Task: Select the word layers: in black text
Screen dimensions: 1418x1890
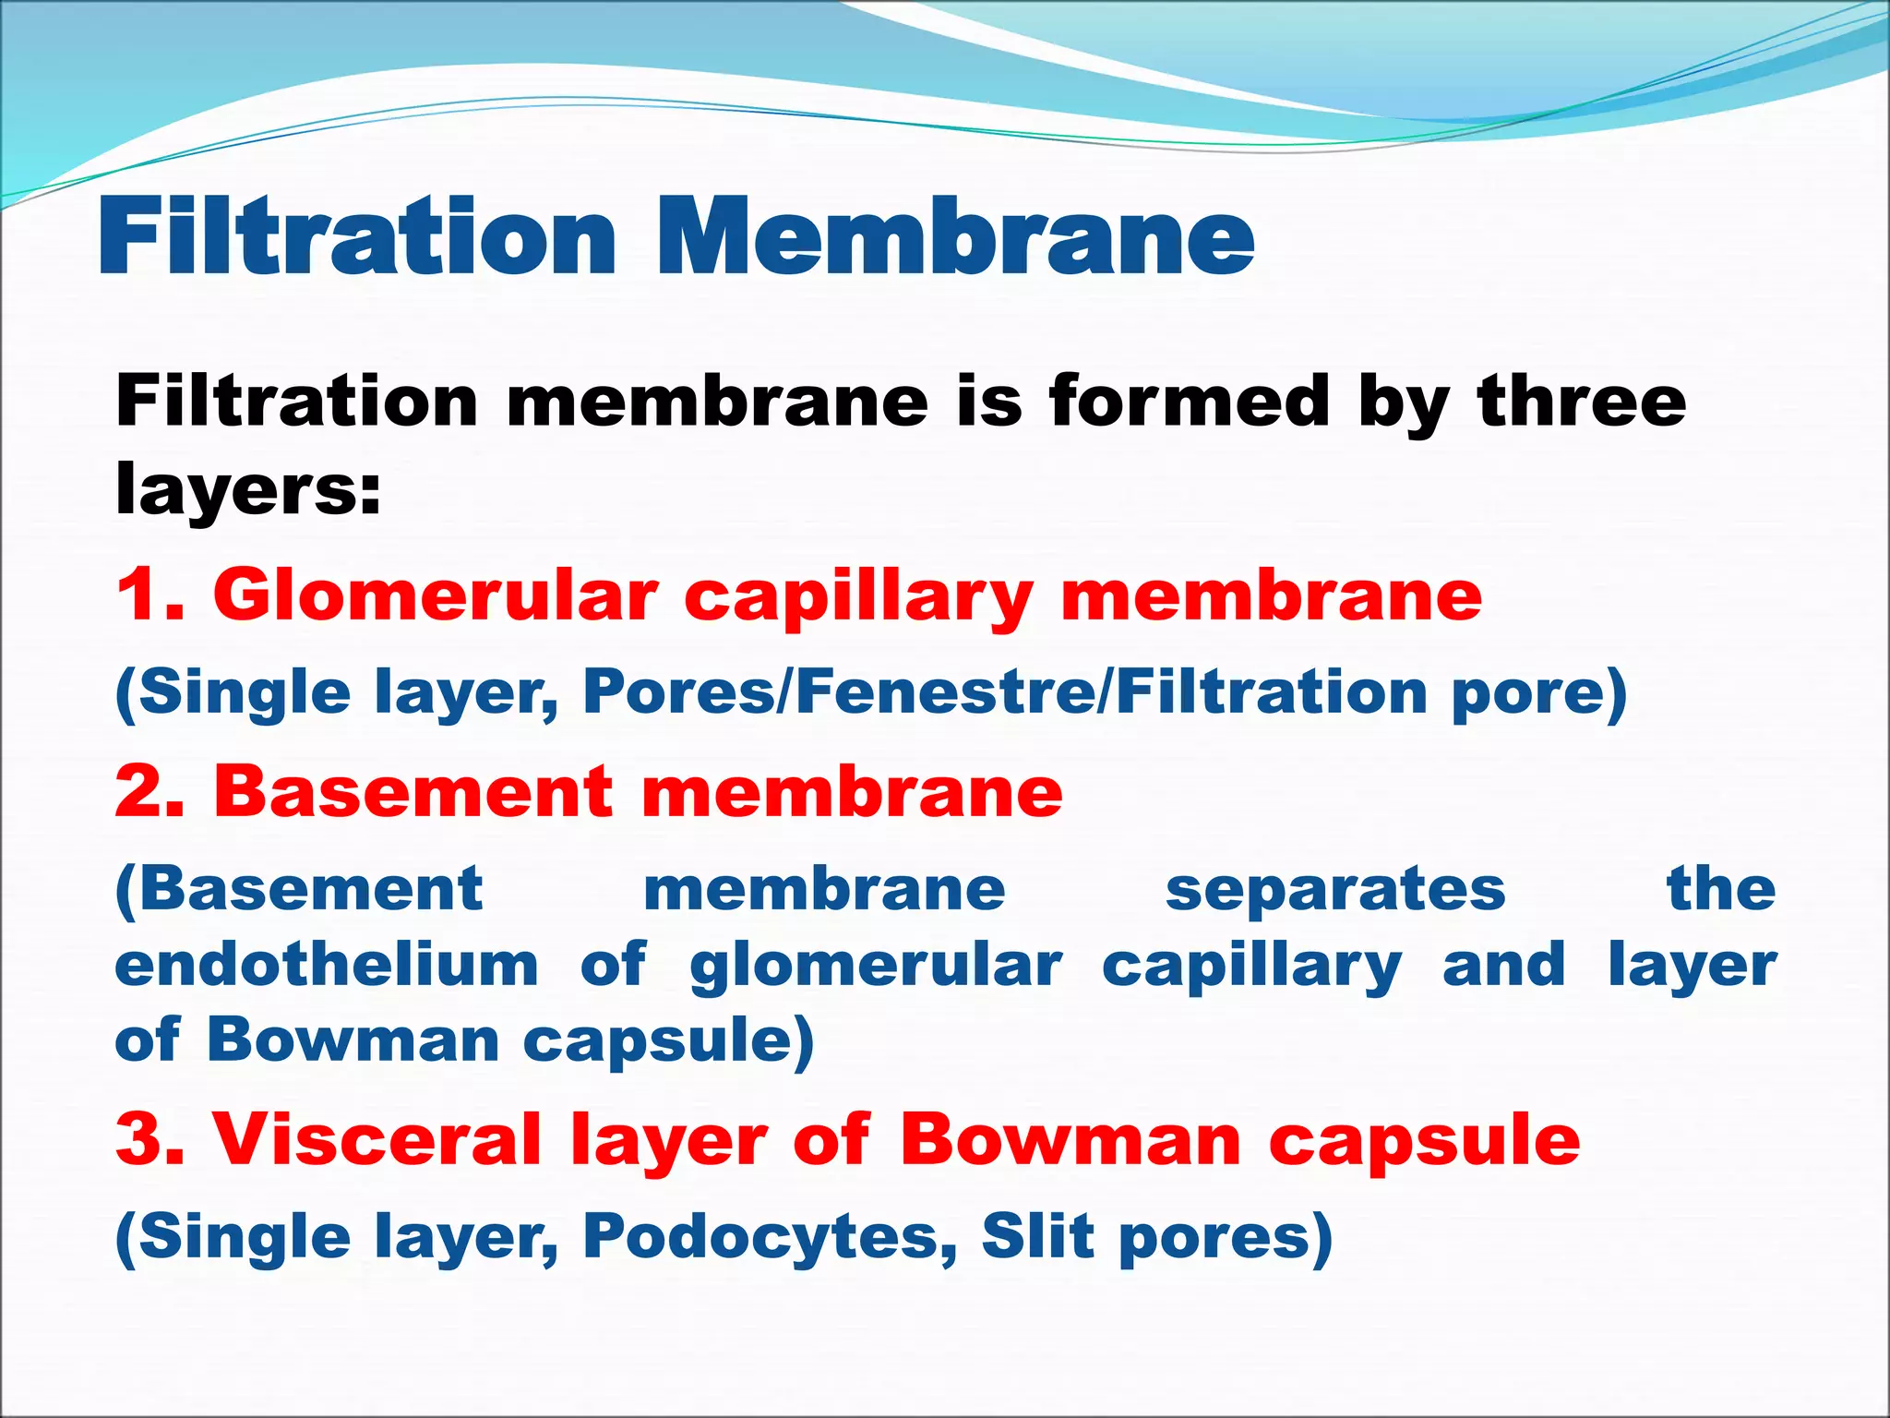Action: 247,489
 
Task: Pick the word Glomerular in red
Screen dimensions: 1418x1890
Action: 436,595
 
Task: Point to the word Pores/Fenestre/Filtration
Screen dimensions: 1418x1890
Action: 1006,692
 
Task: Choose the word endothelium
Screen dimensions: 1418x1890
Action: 327,965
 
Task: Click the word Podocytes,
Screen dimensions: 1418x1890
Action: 770,1237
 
